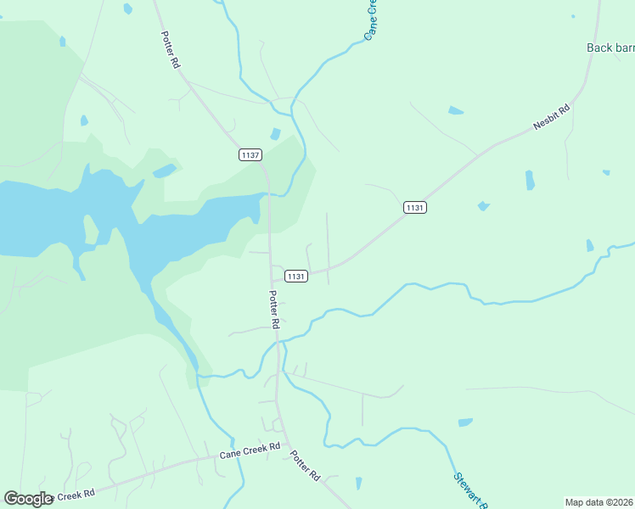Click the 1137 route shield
point(250,155)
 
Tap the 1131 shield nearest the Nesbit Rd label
point(414,208)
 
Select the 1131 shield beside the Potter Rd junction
point(295,276)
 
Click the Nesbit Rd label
point(551,116)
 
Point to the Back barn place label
point(610,48)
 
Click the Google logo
point(28,499)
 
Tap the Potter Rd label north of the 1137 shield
point(171,50)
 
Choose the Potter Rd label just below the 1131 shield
point(274,310)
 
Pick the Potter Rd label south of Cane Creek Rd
point(304,466)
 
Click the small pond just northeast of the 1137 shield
point(275,134)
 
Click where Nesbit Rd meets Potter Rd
point(272,277)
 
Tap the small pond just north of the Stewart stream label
point(465,422)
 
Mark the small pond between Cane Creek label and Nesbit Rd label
point(456,110)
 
